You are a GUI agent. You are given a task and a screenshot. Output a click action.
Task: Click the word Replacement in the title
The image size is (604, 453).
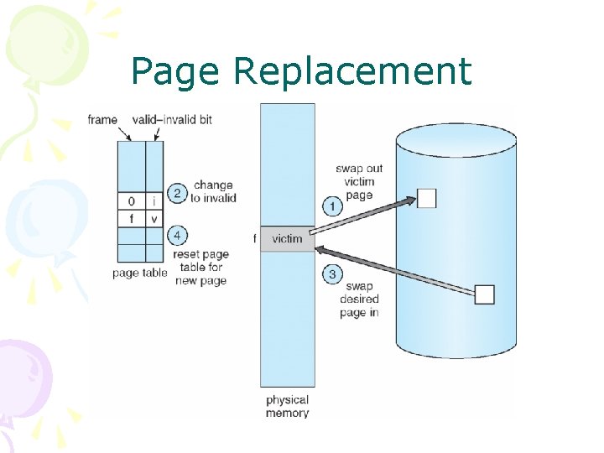[x=352, y=72]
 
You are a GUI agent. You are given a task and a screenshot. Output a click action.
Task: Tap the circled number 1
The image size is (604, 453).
[x=333, y=205]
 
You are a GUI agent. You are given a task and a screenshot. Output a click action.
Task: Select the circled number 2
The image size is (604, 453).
[x=178, y=192]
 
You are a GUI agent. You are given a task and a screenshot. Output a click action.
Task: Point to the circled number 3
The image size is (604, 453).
[x=333, y=273]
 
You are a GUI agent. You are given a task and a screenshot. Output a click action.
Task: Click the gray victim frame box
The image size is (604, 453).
[x=287, y=239]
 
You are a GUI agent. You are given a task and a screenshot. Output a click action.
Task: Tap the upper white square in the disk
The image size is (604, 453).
[x=427, y=198]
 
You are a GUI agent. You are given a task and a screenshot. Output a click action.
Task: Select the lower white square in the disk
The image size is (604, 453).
[x=485, y=294]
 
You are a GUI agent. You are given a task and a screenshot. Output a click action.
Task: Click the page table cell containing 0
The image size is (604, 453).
[x=131, y=201]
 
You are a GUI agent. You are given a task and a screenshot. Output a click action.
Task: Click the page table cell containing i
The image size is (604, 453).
[x=154, y=201]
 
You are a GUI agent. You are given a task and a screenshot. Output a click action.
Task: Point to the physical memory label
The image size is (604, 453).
[x=287, y=406]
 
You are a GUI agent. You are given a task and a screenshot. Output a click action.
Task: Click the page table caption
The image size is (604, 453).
[x=140, y=273]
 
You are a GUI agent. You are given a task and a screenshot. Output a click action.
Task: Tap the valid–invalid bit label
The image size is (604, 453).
[x=172, y=120]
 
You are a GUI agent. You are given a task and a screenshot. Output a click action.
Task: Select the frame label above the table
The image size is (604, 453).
[x=102, y=120]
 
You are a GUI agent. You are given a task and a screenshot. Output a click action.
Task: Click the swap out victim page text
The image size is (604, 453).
[x=359, y=181]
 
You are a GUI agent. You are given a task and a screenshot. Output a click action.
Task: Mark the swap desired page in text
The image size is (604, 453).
[x=360, y=299]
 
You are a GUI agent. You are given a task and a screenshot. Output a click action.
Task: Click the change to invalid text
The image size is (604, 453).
[x=213, y=191]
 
